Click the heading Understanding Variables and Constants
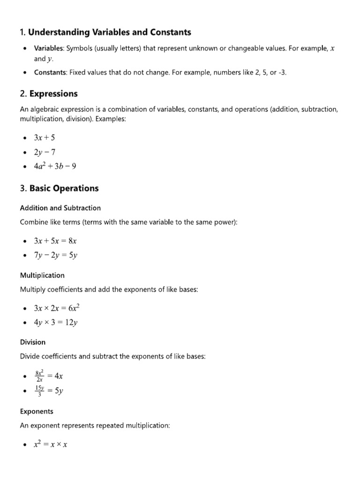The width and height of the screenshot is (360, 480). (105, 32)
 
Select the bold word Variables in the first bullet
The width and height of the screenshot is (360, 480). (49, 48)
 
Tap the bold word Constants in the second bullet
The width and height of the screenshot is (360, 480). (50, 73)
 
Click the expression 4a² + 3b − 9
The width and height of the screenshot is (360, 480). (55, 165)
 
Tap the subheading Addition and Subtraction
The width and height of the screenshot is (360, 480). (60, 208)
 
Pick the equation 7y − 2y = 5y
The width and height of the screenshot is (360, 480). (55, 255)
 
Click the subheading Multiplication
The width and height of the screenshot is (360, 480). (42, 275)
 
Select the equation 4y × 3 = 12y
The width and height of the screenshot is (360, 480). (56, 322)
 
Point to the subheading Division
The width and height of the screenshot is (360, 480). (33, 342)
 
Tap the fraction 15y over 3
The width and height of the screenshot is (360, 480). (40, 390)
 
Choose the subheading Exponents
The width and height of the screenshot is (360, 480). (37, 411)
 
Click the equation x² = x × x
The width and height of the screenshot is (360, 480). (50, 444)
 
